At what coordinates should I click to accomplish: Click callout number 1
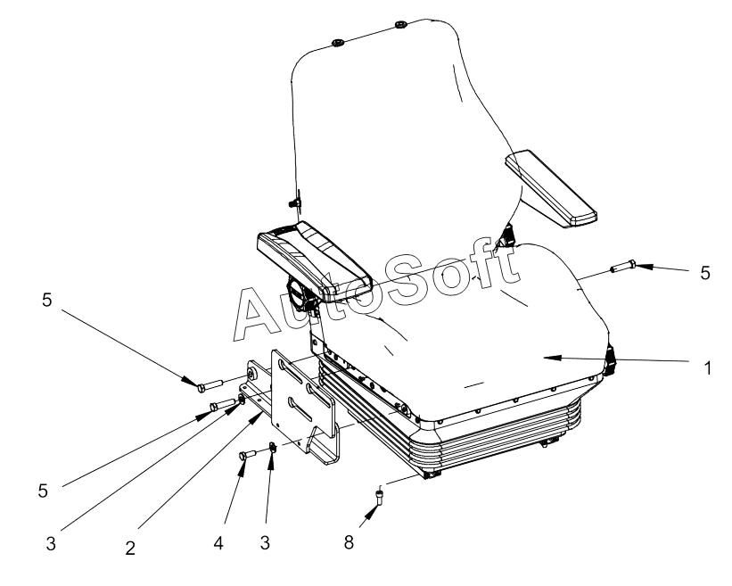tap(707, 368)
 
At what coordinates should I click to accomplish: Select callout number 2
tap(130, 548)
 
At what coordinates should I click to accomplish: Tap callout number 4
tap(218, 543)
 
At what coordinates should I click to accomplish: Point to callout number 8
tap(349, 542)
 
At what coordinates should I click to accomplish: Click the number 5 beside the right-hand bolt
tap(705, 273)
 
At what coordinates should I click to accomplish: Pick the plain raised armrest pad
tap(551, 188)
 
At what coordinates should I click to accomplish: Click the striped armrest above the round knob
tap(315, 260)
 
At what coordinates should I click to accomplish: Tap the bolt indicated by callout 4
tap(247, 454)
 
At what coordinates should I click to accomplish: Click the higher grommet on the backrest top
tap(400, 24)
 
